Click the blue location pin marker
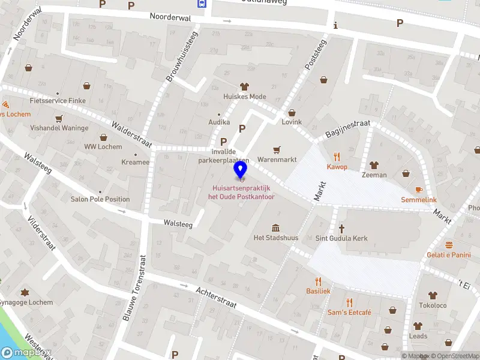[x=241, y=170]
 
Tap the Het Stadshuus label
[x=275, y=238]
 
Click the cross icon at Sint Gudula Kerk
[x=342, y=228]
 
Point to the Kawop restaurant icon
[x=337, y=156]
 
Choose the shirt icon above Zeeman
[x=374, y=164]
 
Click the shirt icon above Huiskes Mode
[x=244, y=86]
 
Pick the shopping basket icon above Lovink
[x=292, y=112]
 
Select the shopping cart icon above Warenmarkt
[x=277, y=150]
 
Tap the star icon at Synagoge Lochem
[x=25, y=292]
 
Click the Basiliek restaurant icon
[x=318, y=281]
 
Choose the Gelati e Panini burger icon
[x=449, y=245]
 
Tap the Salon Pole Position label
[x=100, y=199]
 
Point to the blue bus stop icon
[x=201, y=3]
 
